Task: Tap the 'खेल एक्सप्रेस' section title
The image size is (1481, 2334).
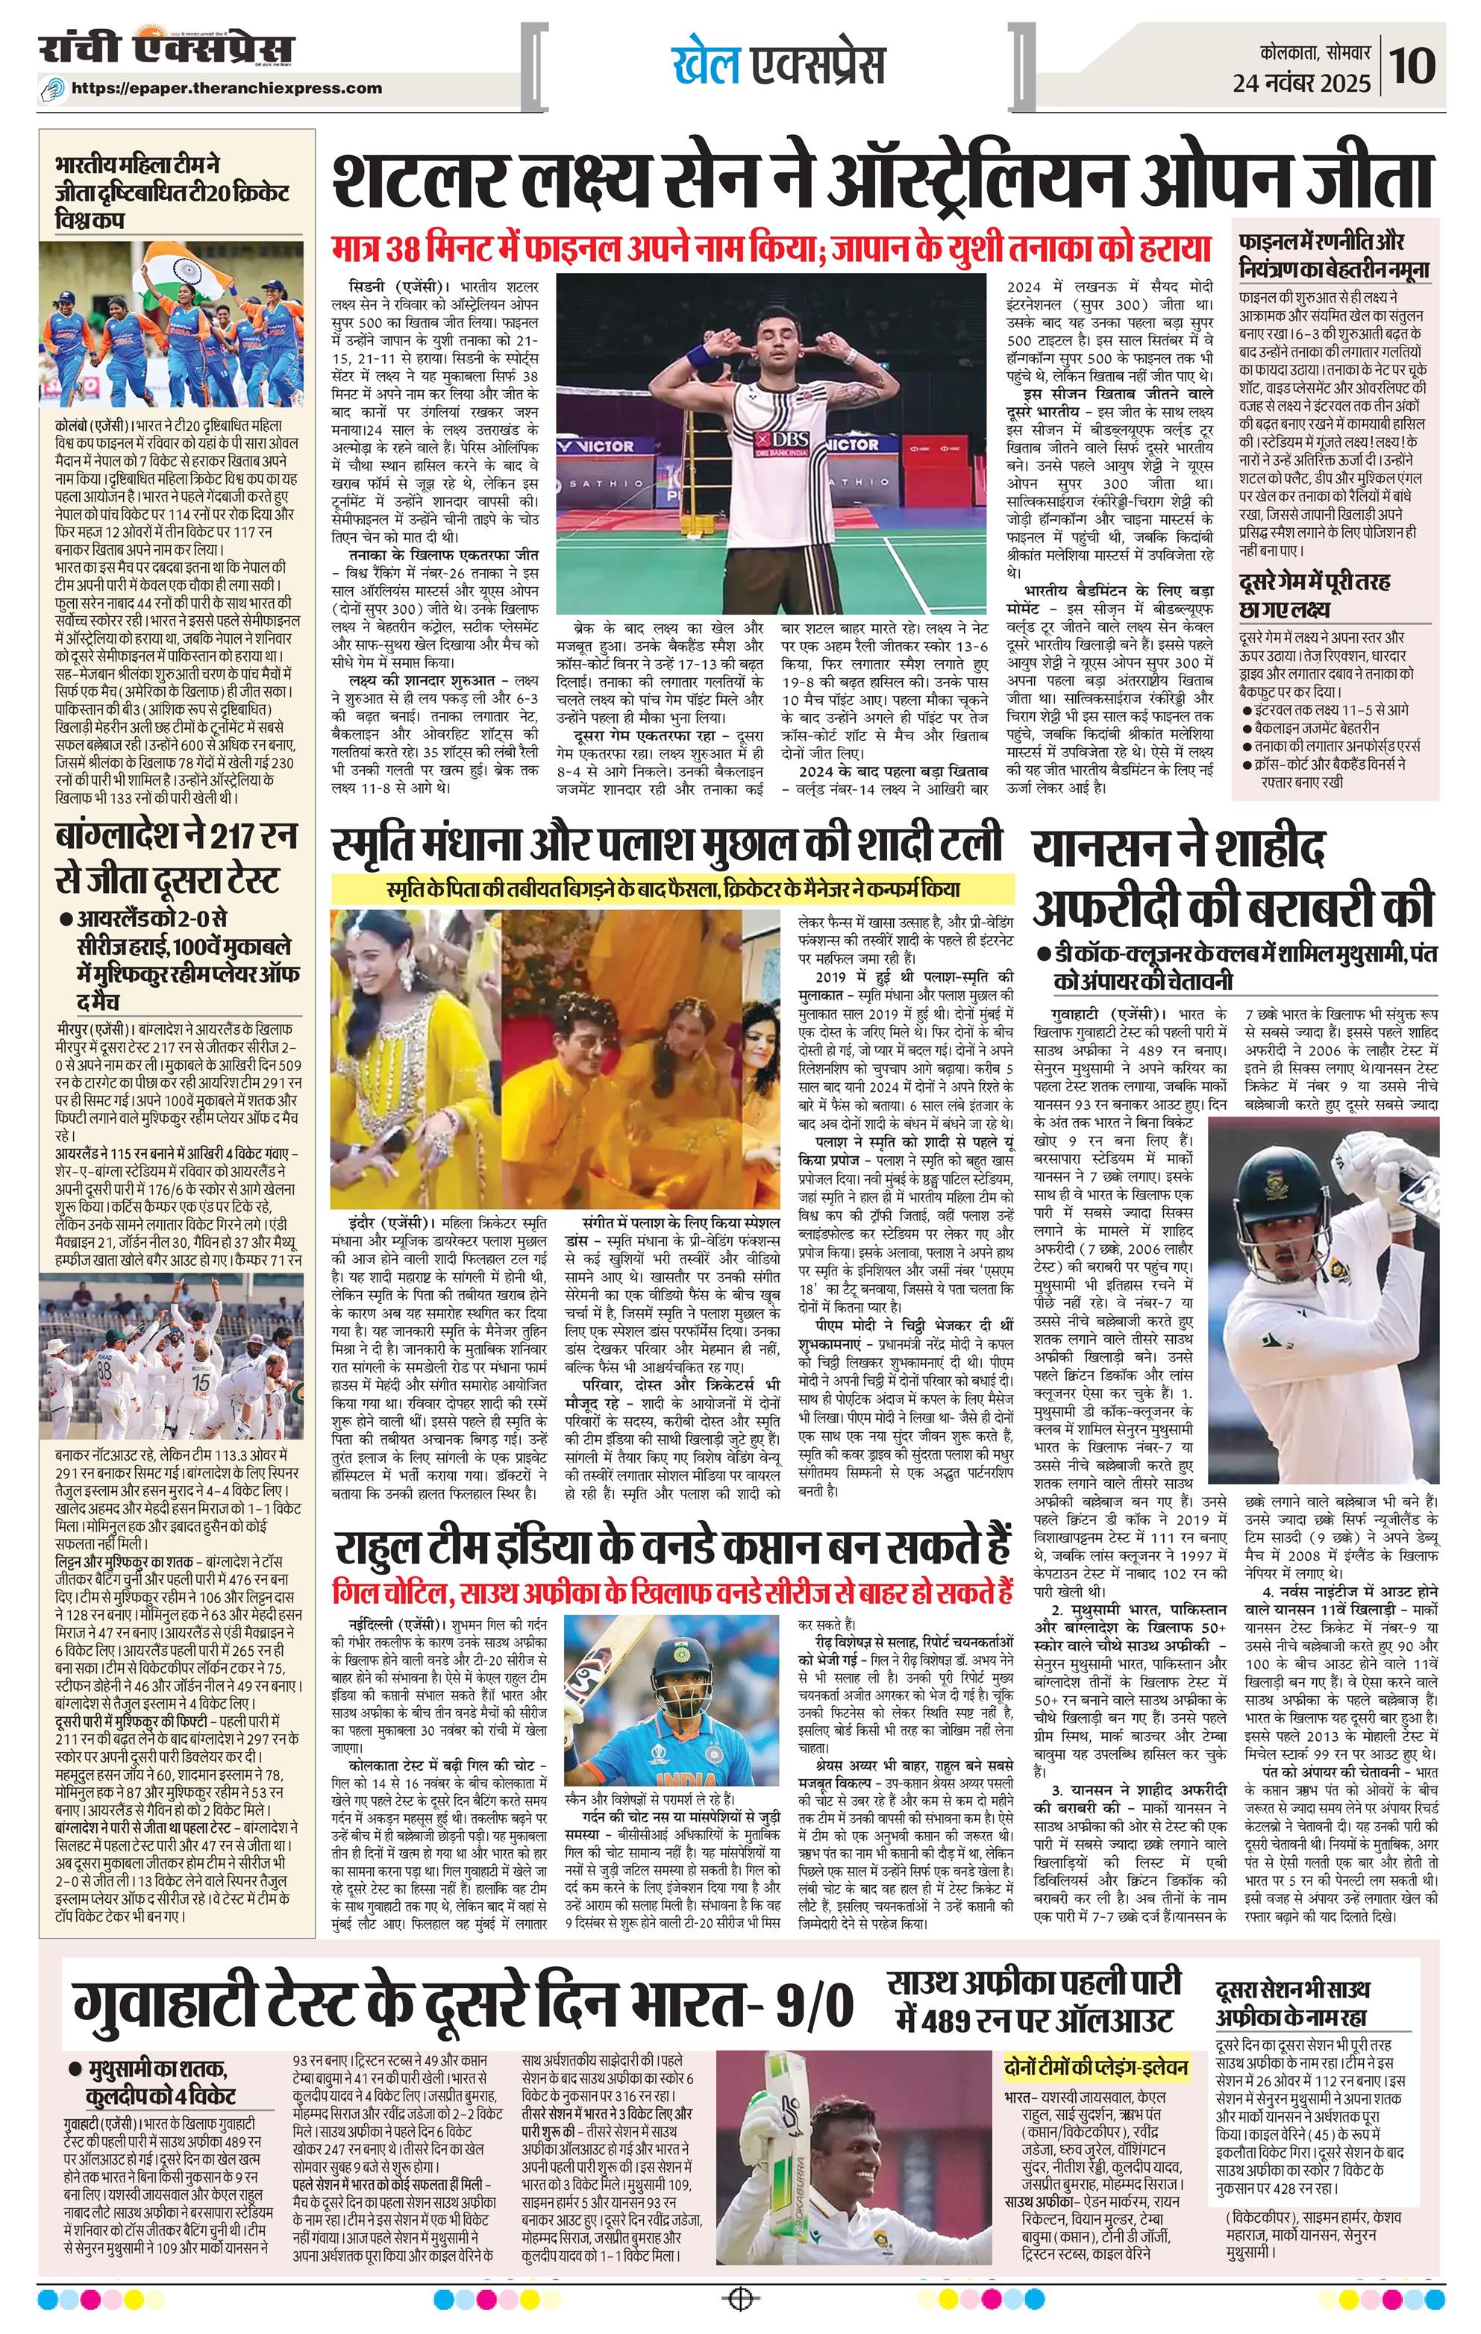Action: (778, 65)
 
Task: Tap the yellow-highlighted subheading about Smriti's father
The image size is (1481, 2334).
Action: (673, 889)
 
